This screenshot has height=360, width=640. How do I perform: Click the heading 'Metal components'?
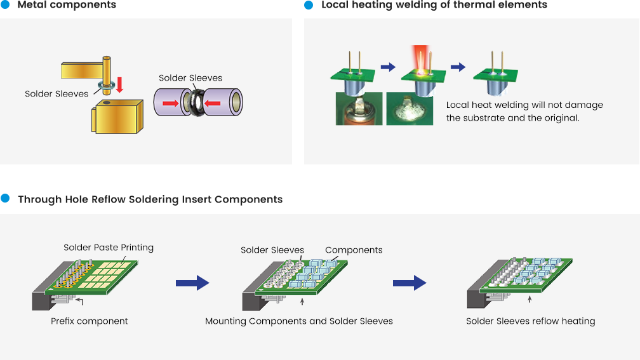coord(67,5)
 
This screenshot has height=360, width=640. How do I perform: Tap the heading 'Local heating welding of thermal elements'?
coord(434,5)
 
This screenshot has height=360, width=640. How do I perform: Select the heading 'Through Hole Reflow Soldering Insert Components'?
coord(150,199)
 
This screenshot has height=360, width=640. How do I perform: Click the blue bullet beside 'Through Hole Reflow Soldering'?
coord(5,198)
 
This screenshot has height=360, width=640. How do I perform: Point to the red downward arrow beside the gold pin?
coord(119,84)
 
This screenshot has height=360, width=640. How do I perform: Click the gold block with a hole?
coord(117,116)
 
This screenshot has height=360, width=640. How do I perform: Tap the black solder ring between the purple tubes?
coord(198,103)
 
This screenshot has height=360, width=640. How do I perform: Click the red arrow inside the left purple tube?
coord(171,103)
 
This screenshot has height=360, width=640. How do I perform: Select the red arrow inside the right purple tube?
coord(212,103)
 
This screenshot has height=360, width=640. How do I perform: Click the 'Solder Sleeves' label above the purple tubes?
coord(190,78)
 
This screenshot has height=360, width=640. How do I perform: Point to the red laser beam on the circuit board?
coord(420,59)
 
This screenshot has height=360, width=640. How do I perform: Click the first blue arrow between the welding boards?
coord(388,67)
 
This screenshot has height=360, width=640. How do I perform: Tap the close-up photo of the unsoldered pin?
coord(359,109)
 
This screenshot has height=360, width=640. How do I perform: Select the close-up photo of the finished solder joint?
coord(410,109)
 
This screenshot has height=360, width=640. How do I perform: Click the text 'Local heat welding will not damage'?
coord(524,105)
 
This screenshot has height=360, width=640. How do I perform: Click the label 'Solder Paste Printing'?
coord(109,248)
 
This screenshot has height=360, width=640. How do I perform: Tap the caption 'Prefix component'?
coord(90,321)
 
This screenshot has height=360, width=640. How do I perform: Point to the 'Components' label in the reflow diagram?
coord(354,250)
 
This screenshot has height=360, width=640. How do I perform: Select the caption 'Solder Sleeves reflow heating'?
coord(531,321)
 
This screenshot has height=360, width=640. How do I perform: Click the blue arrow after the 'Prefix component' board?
coord(192,283)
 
